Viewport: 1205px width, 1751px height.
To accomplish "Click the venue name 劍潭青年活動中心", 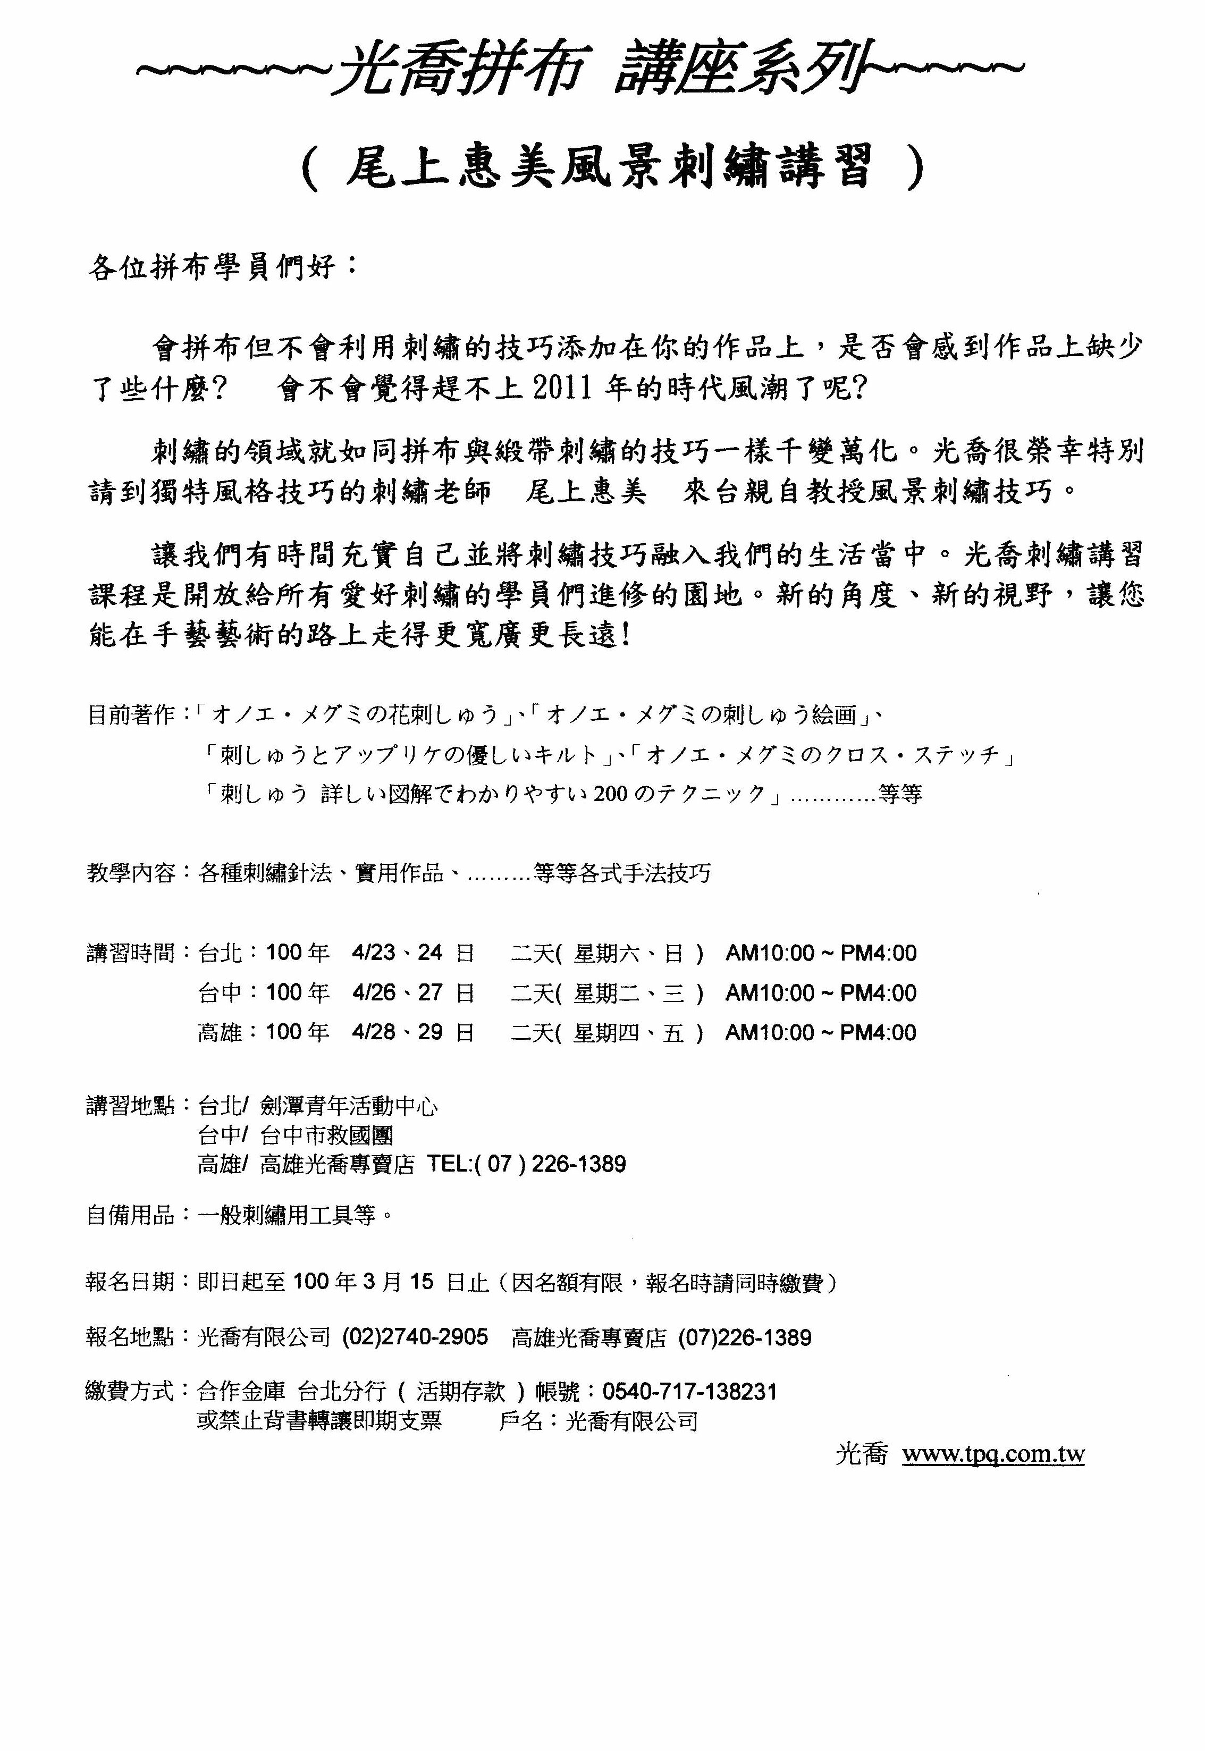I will pos(349,1106).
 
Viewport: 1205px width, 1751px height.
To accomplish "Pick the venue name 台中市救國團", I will pos(326,1135).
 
